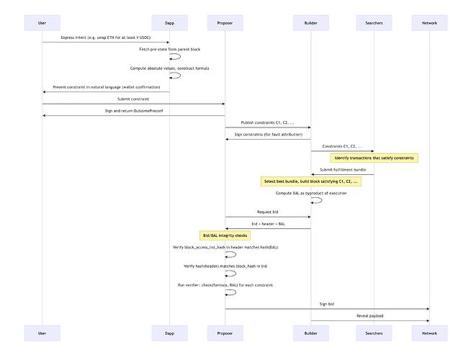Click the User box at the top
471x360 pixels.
(42, 23)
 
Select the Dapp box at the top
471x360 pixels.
(169, 23)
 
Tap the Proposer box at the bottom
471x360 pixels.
(225, 333)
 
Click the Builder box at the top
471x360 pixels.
(310, 23)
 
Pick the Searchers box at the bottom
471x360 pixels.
(373, 333)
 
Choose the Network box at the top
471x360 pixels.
(429, 23)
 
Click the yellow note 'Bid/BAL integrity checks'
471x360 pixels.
(225, 235)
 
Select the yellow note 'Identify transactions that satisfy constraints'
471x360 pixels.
(375, 158)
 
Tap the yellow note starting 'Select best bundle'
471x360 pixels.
(311, 181)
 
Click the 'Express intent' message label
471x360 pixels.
(106, 37)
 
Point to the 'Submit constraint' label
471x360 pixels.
(133, 99)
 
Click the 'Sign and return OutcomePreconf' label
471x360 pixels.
(133, 110)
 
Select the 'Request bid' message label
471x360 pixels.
(268, 212)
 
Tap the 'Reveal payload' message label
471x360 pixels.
(370, 315)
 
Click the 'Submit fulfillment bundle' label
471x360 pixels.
(342, 169)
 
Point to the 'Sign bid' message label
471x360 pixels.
(327, 304)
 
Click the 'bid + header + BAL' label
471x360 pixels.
(268, 223)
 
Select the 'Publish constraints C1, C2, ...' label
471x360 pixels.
(268, 122)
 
